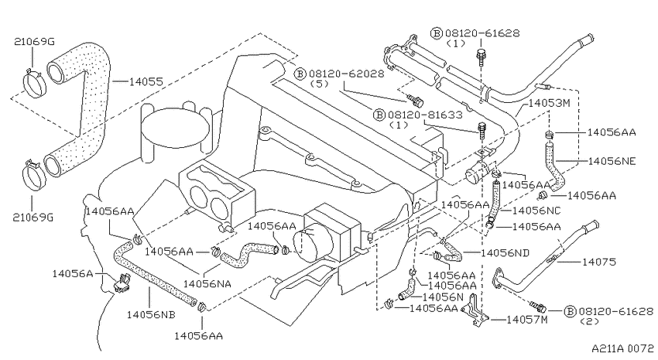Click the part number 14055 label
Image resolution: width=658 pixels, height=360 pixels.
pos(146,81)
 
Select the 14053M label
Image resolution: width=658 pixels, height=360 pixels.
pos(550,103)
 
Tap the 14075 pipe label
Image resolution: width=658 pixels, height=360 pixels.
pos(599,262)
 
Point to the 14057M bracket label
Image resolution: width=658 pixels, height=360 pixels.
pos(527,320)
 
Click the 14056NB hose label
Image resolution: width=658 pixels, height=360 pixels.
pos(151,314)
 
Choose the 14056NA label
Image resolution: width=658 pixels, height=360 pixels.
pos(207,284)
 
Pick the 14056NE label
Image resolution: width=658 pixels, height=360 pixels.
pos(612,161)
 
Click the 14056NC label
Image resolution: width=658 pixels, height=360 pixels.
pos(536,211)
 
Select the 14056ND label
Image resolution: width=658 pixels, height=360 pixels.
pos(505,253)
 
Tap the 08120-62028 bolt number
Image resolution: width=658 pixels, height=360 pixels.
pos(347,74)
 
